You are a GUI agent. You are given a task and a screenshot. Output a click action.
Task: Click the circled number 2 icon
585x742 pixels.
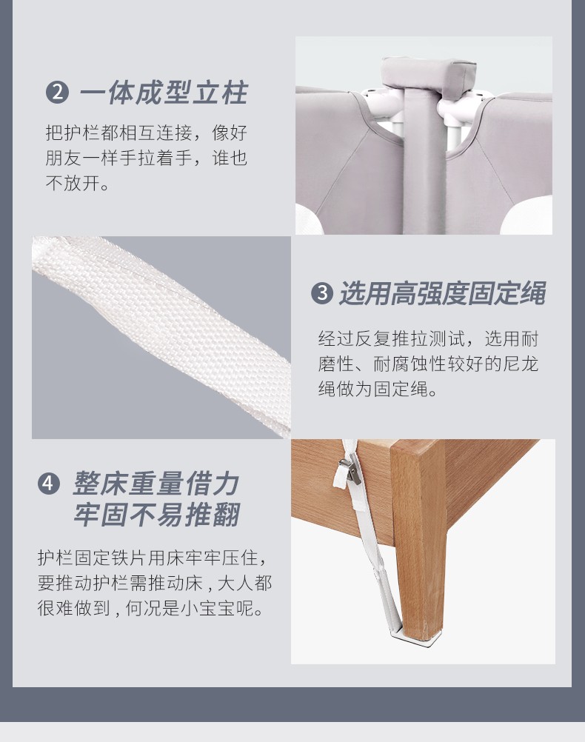[57, 92]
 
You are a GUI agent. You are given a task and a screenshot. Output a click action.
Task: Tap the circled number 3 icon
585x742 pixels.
[322, 293]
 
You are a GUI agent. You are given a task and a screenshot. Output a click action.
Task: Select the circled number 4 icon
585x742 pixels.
[49, 484]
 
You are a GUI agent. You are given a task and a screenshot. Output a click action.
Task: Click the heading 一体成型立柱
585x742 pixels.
[164, 93]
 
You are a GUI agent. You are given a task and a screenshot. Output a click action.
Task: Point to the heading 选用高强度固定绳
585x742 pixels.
[443, 293]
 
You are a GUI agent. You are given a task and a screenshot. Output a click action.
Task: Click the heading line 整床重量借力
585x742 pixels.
[156, 484]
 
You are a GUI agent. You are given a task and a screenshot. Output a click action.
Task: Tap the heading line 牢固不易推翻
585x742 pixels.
[157, 515]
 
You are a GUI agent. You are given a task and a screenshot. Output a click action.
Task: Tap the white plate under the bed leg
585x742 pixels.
[415, 636]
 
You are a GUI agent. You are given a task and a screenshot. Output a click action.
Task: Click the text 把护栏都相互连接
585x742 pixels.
[118, 133]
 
